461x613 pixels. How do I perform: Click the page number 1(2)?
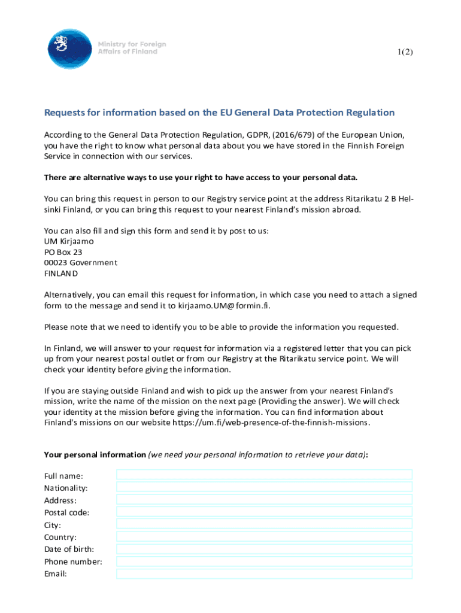(405, 52)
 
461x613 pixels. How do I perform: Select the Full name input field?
(264, 475)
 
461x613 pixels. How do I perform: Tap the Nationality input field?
(264, 487)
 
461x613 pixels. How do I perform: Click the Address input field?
(264, 500)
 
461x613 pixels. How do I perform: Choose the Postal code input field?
(264, 512)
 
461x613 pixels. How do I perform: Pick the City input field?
(264, 524)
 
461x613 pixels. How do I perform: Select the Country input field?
(264, 537)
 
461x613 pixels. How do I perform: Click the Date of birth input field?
(264, 549)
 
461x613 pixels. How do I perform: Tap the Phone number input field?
(264, 562)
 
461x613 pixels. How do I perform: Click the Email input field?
(264, 573)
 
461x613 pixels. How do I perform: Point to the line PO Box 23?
(63, 252)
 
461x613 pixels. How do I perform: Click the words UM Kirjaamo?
(69, 241)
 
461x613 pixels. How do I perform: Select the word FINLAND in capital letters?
(61, 274)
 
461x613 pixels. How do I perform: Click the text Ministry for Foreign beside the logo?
(132, 44)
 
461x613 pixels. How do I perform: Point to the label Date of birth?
(69, 549)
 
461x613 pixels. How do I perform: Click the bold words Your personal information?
(95, 454)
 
